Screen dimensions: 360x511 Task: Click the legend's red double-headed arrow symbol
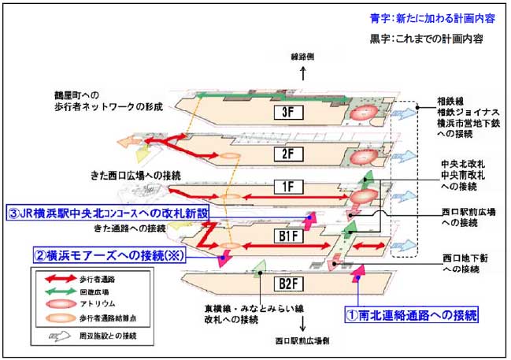pyautogui.click(x=54, y=278)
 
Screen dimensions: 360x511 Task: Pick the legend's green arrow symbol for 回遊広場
pyautogui.click(x=54, y=291)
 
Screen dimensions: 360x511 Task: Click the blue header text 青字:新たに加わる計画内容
pyautogui.click(x=426, y=18)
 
